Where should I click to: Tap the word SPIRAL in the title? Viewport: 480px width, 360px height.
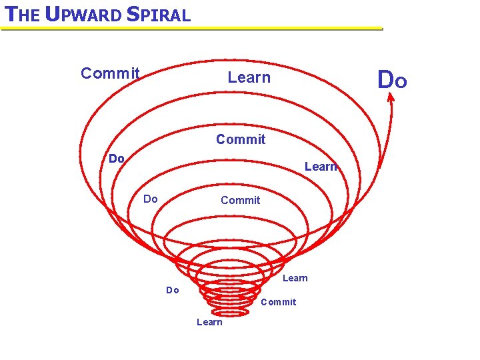click(161, 14)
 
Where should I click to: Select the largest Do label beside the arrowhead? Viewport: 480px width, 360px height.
click(392, 81)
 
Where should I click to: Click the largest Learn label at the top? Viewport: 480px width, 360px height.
click(249, 77)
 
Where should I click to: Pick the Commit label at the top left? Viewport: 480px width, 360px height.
click(110, 73)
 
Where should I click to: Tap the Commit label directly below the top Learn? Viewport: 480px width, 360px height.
click(241, 139)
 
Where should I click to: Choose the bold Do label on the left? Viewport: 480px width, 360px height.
click(117, 159)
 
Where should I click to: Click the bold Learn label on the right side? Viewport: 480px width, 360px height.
click(321, 167)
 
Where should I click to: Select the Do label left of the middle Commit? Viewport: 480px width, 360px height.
click(151, 199)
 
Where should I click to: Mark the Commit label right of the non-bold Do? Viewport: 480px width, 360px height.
click(240, 200)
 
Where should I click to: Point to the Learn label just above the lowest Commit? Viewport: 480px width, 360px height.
click(295, 278)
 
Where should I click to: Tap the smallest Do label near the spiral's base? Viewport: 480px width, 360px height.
click(173, 290)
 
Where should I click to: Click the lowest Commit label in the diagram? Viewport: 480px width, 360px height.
click(278, 302)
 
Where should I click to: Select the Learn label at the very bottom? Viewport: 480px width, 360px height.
click(209, 322)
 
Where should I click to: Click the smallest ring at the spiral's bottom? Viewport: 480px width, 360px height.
click(229, 312)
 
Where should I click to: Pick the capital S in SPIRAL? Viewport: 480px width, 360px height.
click(131, 14)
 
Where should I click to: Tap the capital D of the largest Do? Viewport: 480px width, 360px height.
click(385, 81)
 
